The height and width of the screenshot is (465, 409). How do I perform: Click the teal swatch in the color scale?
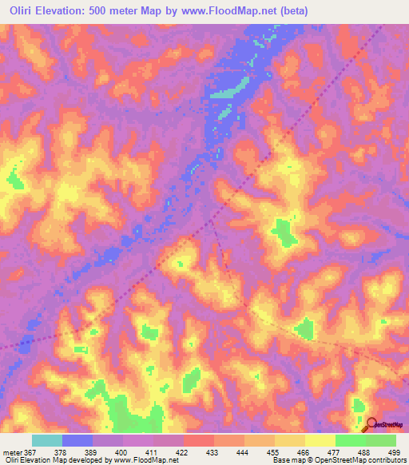point(47,440)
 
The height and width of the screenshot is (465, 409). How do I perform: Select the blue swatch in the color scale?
point(77,440)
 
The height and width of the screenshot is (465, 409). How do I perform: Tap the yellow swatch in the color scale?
point(320,440)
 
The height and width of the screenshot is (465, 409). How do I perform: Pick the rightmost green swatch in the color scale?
point(381,440)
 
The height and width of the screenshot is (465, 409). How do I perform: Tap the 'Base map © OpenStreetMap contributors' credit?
point(338,459)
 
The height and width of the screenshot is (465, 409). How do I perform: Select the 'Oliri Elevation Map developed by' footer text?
point(56,459)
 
